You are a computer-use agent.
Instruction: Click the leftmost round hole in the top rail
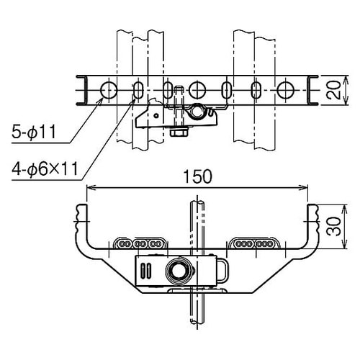point(108,90)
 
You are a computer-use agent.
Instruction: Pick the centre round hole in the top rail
point(197,90)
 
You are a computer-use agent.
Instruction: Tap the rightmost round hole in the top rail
point(286,90)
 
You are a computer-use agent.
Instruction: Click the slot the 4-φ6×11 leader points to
point(138,90)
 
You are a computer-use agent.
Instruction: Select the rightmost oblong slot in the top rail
point(256,90)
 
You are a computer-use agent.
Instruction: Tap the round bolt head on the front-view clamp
point(176,271)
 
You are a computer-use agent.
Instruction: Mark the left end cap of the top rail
point(81,90)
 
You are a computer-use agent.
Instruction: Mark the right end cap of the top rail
point(313,90)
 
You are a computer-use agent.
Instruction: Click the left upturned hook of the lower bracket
point(80,214)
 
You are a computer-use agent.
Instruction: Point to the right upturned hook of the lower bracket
point(314,214)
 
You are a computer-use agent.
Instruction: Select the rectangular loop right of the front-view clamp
point(222,271)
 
